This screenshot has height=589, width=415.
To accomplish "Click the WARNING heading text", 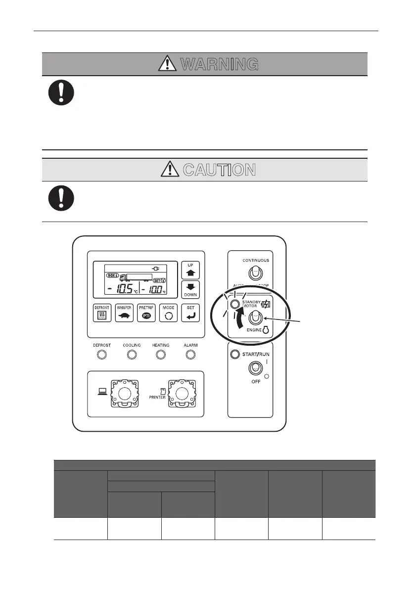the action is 219,64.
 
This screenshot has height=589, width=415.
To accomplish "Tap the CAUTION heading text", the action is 219,170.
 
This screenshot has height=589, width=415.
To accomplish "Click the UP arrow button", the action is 189,270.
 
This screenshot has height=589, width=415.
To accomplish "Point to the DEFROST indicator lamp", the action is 102,355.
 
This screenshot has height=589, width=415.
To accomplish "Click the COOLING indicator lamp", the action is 132,355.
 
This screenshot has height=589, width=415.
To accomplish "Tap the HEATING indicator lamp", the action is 161,355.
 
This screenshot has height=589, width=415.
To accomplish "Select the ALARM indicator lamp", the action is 191,355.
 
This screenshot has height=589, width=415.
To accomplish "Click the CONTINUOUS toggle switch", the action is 256,273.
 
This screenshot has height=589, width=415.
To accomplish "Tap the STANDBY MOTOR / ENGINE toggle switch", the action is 256,318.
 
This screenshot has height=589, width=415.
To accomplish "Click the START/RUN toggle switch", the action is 256,368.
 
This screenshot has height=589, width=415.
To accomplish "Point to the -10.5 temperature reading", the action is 122,289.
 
